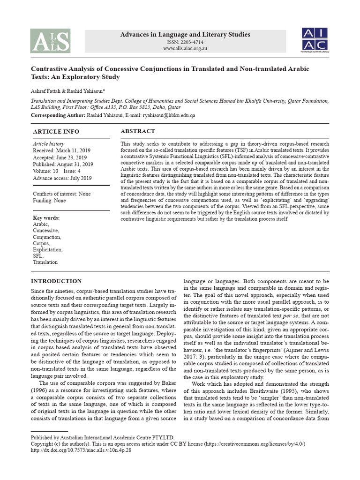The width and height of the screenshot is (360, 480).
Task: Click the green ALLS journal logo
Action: (x=50, y=40)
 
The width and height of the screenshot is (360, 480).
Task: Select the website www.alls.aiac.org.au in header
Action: (x=186, y=49)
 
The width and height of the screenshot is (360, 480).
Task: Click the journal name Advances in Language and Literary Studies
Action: (x=186, y=34)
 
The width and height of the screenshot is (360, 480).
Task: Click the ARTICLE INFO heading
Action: (x=56, y=132)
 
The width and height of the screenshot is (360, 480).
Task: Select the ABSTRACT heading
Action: (x=138, y=131)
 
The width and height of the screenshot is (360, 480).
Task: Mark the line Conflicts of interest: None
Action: (x=62, y=194)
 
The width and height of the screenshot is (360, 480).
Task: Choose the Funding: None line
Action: (x=49, y=201)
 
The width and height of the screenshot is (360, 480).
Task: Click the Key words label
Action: (x=47, y=218)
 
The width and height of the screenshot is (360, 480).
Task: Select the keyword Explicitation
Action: (x=47, y=250)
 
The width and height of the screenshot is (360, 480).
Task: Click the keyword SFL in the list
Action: (x=38, y=256)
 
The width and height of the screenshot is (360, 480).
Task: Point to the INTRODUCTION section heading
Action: (x=56, y=281)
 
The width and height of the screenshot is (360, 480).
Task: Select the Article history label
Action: (x=48, y=143)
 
